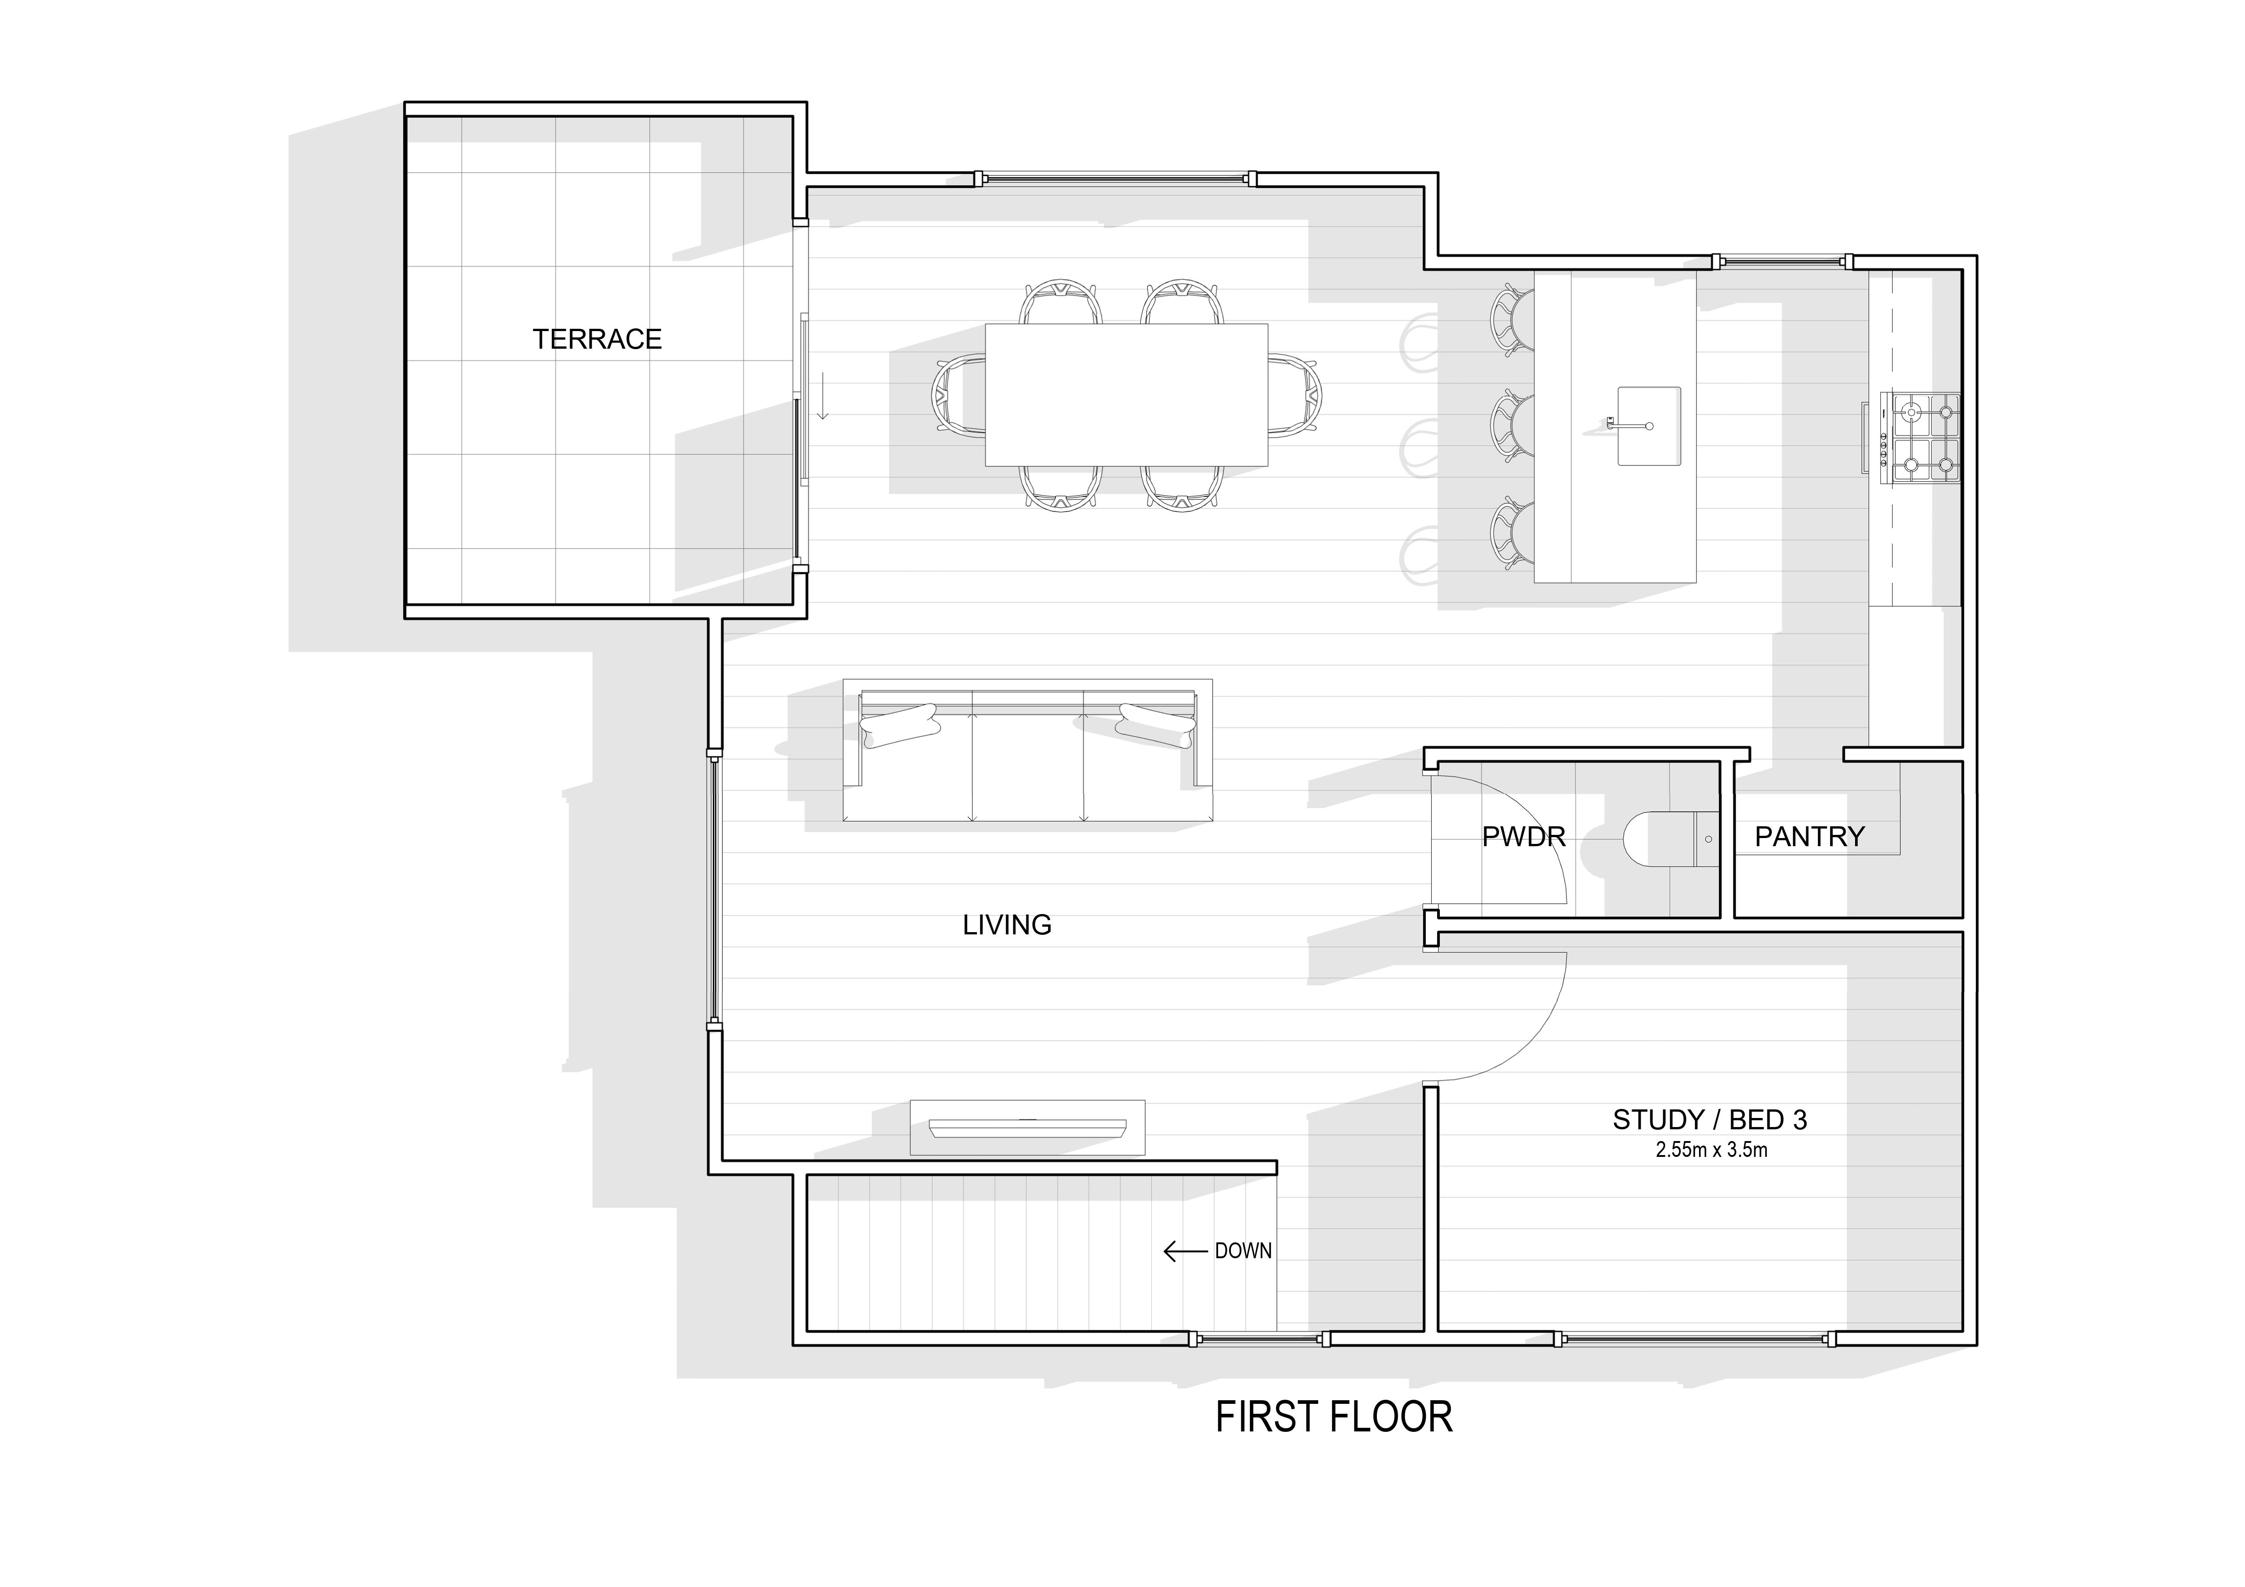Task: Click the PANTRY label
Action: (x=1810, y=837)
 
